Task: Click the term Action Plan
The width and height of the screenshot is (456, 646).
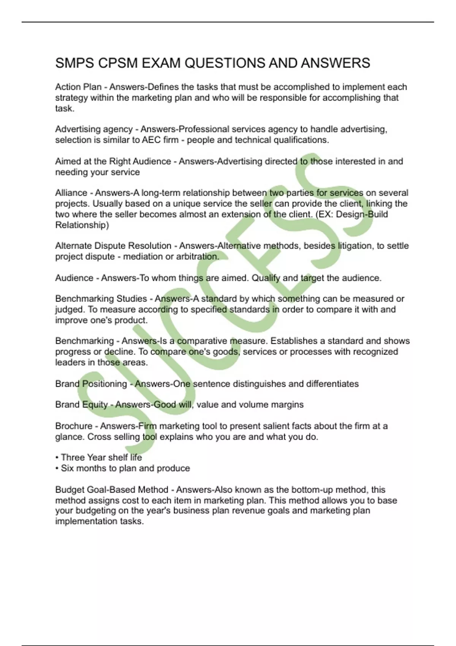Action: (x=78, y=87)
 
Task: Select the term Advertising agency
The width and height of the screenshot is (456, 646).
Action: (x=94, y=129)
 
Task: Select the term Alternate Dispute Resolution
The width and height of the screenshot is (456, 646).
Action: (x=113, y=246)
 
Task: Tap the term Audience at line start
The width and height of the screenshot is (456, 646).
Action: (x=74, y=278)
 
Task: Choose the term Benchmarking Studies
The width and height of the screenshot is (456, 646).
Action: (x=101, y=299)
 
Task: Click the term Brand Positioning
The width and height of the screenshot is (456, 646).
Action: (x=91, y=384)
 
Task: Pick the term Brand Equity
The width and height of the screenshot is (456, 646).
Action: (x=81, y=404)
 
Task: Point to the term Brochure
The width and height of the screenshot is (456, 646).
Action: (x=74, y=426)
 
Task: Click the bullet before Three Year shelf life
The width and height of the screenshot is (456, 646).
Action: (x=57, y=458)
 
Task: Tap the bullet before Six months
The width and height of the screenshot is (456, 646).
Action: (x=57, y=468)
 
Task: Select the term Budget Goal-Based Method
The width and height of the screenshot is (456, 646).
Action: (x=112, y=489)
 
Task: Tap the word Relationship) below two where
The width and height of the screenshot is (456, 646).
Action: (x=82, y=225)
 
